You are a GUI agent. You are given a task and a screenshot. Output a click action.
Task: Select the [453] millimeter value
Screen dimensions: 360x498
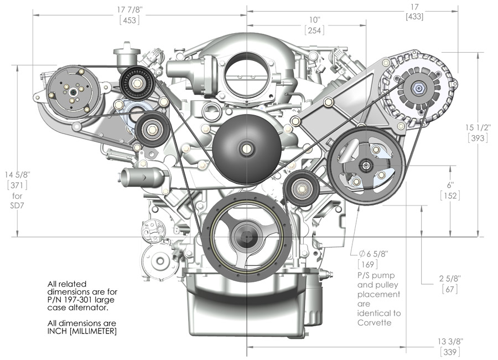[x=128, y=20]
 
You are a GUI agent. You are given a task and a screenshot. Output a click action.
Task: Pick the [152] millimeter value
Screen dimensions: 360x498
[x=450, y=196]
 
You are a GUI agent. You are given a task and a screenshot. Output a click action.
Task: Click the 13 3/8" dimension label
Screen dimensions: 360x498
[x=449, y=341]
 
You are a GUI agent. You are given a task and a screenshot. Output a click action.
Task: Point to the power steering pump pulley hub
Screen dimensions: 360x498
[x=365, y=165]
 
